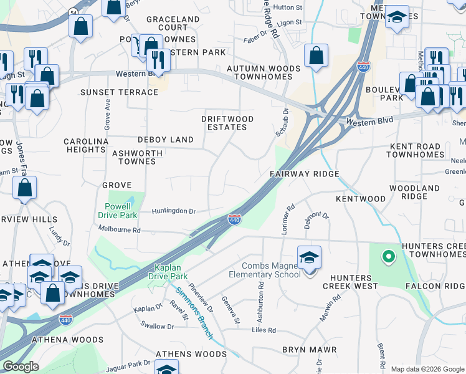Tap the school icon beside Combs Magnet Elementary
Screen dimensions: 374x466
point(309,257)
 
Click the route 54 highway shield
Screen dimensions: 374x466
point(73,12)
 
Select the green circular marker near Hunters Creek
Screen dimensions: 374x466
point(388,256)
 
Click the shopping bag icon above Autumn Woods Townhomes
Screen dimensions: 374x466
point(316,55)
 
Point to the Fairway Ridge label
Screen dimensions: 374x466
point(304,174)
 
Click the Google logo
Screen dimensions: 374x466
point(21,367)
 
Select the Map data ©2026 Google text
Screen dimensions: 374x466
point(427,369)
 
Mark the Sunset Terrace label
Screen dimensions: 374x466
point(119,92)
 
